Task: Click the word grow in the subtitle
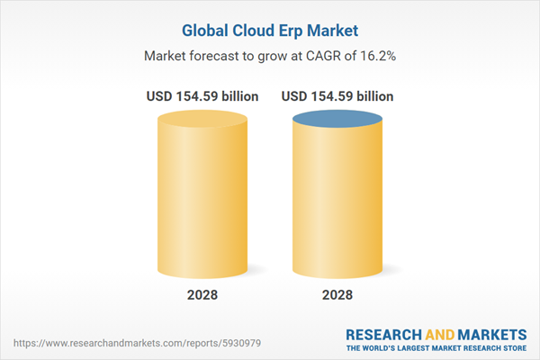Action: coord(275,56)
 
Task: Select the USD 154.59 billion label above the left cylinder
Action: coord(202,96)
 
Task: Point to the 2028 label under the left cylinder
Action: coord(202,293)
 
